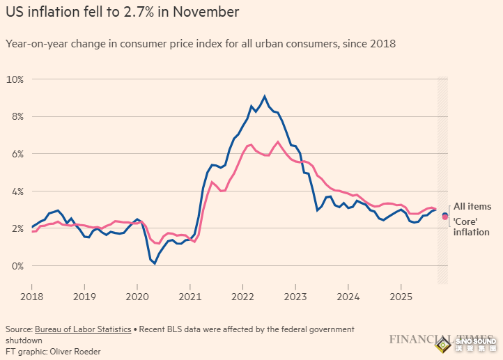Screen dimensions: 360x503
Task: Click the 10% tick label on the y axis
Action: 15,79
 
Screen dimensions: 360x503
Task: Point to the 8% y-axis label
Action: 17,116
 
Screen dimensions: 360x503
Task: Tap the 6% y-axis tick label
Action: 17,154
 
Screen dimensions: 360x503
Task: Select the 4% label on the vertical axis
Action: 17,191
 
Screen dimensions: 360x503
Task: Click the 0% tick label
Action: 17,266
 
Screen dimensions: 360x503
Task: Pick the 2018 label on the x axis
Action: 31,295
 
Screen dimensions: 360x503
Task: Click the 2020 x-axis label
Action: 137,295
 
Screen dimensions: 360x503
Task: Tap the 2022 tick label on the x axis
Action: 242,295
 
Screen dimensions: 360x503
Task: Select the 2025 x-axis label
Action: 401,295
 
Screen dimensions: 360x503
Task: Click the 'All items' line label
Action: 472,207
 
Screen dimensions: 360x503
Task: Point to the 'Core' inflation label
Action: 472,226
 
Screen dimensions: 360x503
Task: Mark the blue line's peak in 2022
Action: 265,96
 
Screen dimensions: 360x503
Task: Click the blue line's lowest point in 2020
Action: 155,263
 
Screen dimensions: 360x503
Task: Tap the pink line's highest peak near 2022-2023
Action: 278,142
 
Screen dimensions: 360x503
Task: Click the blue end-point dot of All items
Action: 445,214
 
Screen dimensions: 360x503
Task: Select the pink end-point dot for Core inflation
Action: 445,218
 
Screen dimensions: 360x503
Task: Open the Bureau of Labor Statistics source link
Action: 82,329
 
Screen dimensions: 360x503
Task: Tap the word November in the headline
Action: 203,13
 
